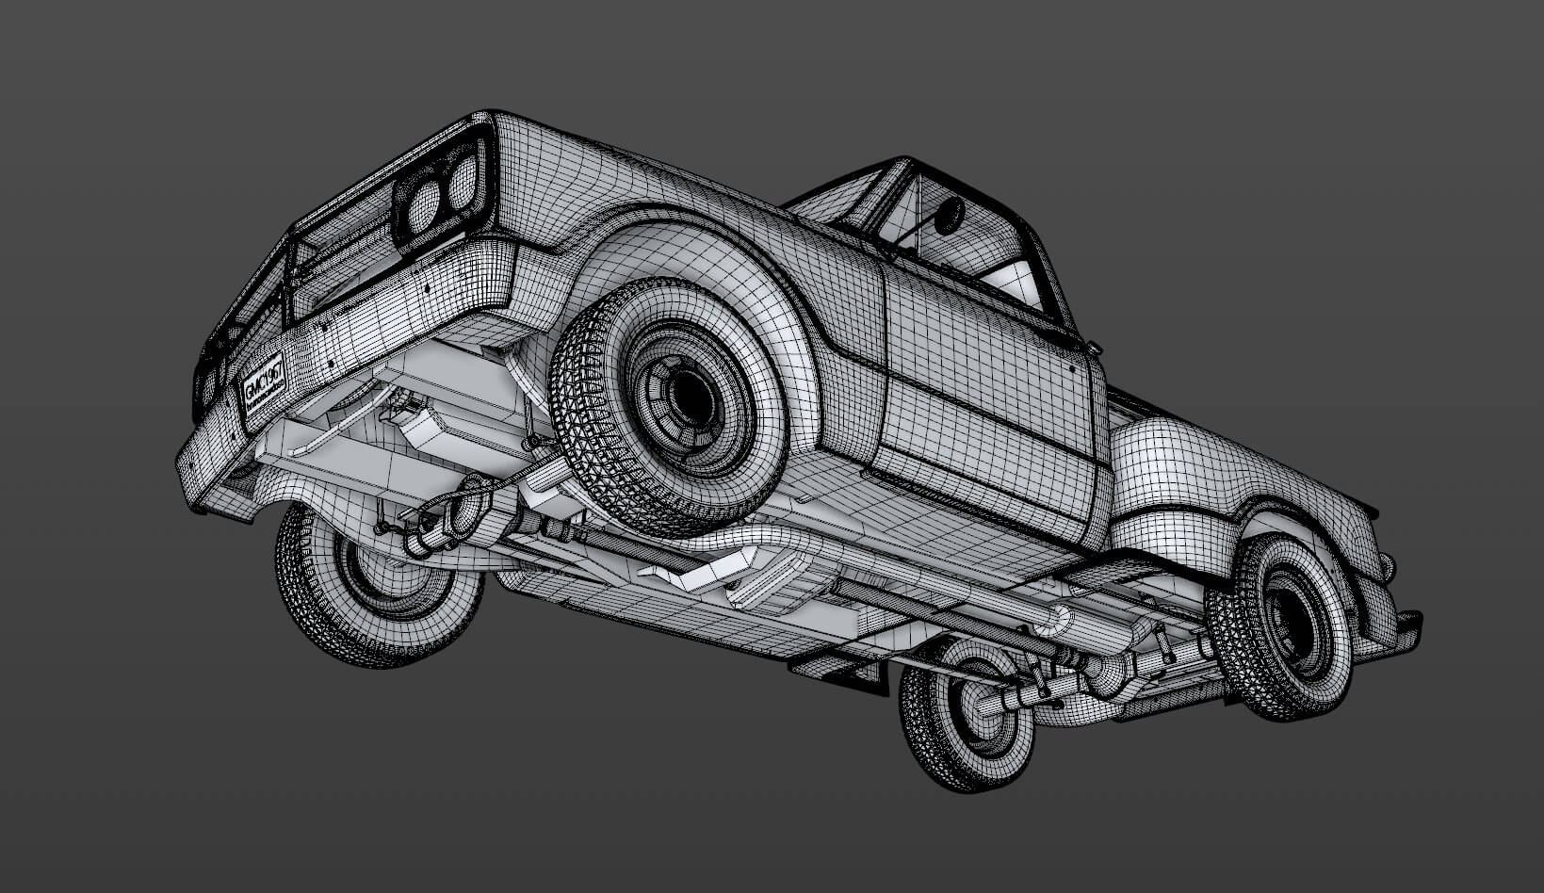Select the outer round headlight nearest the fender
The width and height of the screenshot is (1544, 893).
coord(461,184)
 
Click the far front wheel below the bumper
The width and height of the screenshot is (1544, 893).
coord(377,584)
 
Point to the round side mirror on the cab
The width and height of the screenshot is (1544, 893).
coord(949,215)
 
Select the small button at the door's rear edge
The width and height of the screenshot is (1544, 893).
coord(1094,349)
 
